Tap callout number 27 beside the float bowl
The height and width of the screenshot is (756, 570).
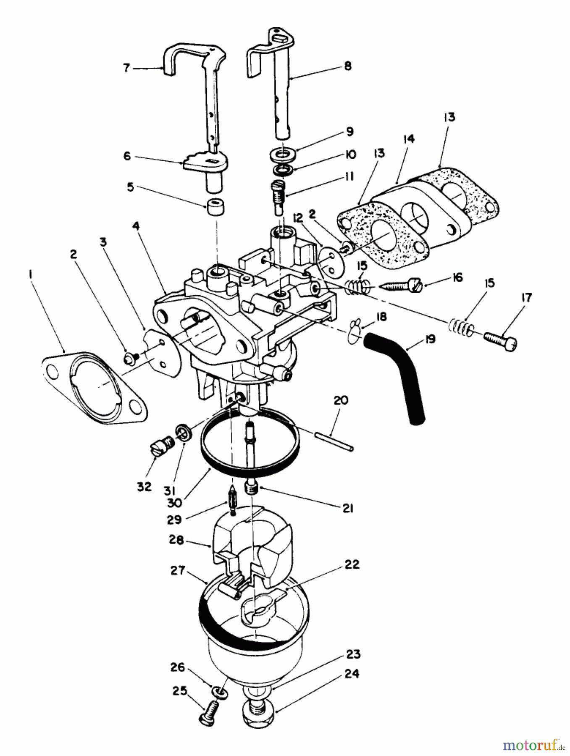(178, 570)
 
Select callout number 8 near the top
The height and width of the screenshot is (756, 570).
(348, 66)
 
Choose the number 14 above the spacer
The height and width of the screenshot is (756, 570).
(408, 138)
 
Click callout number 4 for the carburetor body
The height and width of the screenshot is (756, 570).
(136, 226)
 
